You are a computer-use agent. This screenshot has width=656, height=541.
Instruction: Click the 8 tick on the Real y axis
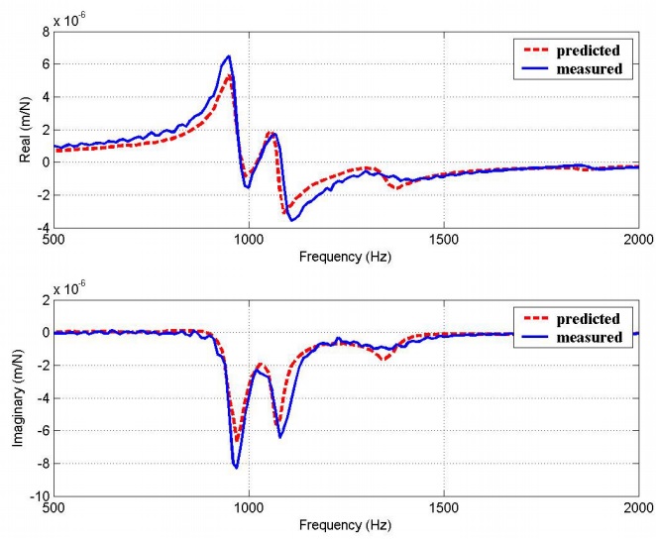coord(44,32)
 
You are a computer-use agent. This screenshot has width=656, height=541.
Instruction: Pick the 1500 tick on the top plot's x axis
coord(443,239)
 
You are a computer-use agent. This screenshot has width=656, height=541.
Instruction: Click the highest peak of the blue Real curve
coord(229,56)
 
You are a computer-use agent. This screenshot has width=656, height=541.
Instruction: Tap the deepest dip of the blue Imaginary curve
coord(236,467)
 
